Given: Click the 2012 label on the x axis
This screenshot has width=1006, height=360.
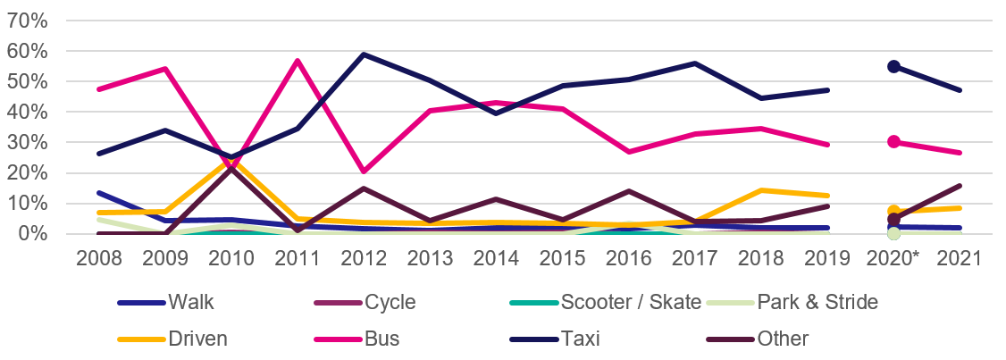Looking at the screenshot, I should point(365,258).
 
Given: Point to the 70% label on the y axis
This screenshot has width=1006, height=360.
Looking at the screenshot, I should point(28,21).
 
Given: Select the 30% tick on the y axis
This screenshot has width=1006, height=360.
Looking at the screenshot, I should point(28,143).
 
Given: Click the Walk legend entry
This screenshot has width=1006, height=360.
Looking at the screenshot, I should point(191,302).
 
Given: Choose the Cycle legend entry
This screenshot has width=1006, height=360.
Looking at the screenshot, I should point(390,302).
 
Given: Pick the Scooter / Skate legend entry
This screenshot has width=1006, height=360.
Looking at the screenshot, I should point(631,302).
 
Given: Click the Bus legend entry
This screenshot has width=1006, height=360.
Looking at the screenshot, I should point(382,339).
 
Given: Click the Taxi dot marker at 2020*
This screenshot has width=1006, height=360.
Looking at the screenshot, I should point(893,67).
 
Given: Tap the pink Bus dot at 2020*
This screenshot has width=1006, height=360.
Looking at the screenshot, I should point(893,142).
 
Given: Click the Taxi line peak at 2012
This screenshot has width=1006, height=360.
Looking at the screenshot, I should point(365,54).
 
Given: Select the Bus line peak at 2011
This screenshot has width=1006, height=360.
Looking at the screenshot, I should point(298,61).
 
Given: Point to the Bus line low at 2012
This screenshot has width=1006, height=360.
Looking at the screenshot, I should point(365,171).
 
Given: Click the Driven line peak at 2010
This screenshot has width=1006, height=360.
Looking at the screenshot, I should point(231,159).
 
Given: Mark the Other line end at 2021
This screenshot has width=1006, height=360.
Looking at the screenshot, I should point(960,186).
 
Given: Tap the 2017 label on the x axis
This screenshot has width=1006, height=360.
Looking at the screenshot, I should point(695,258).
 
